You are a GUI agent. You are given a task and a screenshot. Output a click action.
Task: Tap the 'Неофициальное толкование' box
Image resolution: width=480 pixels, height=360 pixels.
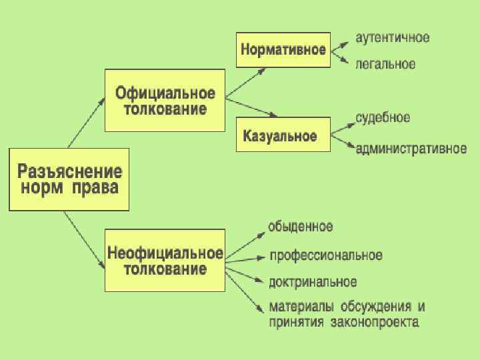165,261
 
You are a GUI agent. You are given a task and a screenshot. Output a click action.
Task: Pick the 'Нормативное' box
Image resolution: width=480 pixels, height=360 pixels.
283,49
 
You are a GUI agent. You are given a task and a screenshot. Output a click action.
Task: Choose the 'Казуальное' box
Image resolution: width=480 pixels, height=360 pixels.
283,135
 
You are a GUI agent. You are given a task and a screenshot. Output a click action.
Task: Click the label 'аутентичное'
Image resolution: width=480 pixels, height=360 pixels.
392,37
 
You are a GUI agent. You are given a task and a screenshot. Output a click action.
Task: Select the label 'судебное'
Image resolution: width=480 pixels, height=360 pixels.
383,118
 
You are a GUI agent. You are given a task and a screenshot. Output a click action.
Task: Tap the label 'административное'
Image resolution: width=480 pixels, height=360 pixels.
411,148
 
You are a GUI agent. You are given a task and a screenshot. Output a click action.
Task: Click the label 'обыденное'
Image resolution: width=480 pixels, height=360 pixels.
300,226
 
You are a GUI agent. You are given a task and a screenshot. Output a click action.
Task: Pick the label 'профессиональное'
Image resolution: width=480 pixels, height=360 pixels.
325,255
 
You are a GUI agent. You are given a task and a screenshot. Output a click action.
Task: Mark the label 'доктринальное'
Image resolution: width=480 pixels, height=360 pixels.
313,282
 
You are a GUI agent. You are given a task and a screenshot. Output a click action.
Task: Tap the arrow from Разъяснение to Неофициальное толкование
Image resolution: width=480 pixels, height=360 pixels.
85,241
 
